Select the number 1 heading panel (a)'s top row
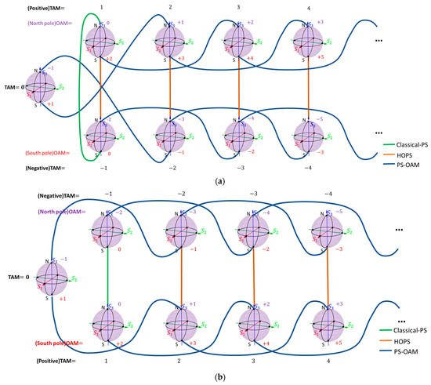(x=102, y=7)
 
